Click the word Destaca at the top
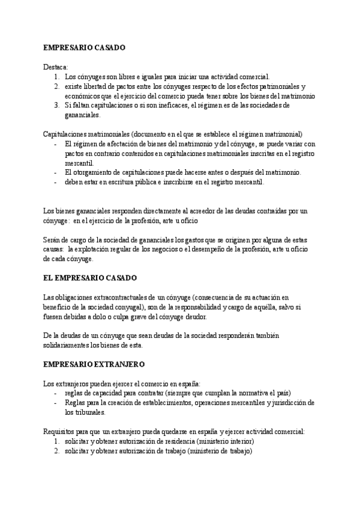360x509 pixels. pyautogui.click(x=56, y=66)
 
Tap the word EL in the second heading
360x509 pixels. pyautogui.click(x=49, y=278)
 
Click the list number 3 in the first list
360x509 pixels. pyautogui.click(x=56, y=105)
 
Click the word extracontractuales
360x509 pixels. pyautogui.click(x=120, y=297)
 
